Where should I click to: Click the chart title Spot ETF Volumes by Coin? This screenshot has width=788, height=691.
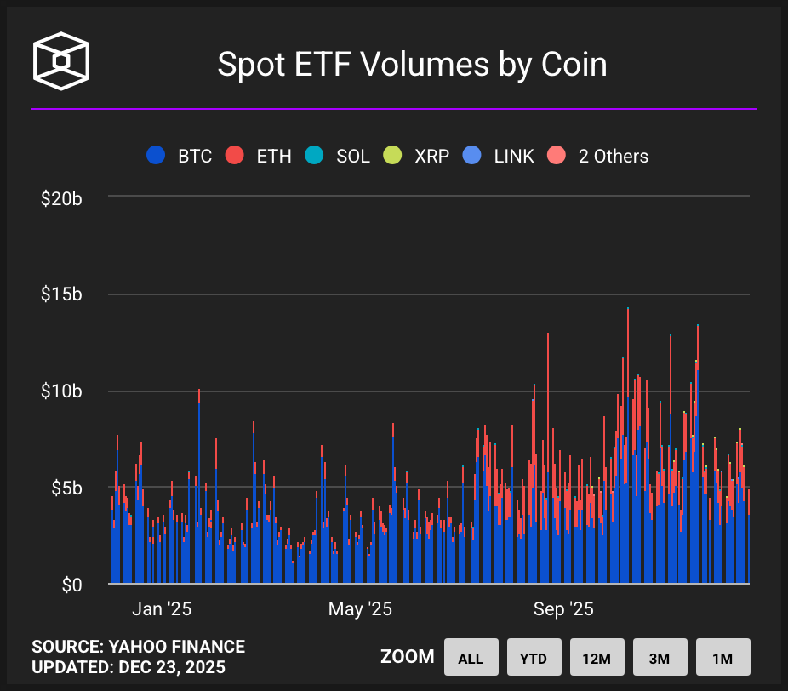pos(412,65)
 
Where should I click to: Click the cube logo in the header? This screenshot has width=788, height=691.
pos(60,61)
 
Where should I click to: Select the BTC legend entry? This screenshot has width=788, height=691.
pos(180,156)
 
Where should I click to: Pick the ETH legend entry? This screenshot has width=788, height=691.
pos(259,156)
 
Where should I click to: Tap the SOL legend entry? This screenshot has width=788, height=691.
pos(339,156)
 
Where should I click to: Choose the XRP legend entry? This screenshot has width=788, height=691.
pos(417,156)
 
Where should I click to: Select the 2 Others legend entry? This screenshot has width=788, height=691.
pos(597,156)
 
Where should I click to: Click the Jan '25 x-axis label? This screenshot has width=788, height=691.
pos(162,609)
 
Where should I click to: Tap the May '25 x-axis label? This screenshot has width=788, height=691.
pos(360,609)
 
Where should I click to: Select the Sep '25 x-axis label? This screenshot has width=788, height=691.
pos(563,609)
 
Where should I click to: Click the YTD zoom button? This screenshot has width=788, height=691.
pos(534,658)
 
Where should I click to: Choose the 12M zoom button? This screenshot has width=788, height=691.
pos(597,658)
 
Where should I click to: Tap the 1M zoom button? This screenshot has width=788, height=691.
pos(722,658)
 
